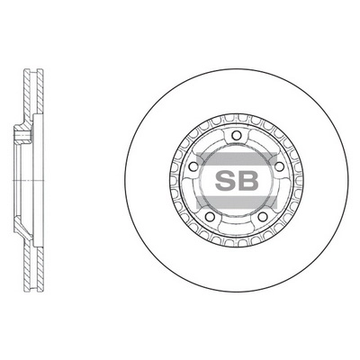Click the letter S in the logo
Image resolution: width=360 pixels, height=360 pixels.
click(225, 179)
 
